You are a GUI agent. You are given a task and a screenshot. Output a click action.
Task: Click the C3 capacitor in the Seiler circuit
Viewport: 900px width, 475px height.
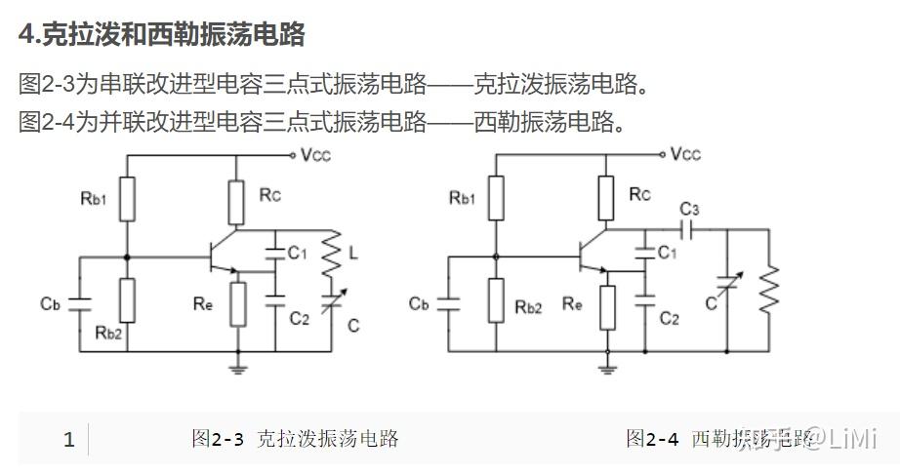pyautogui.click(x=689, y=230)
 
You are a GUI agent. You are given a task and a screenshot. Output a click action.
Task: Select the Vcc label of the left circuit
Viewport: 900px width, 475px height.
pyautogui.click(x=319, y=154)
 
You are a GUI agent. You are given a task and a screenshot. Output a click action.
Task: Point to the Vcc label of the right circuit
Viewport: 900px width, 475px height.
pyautogui.click(x=686, y=154)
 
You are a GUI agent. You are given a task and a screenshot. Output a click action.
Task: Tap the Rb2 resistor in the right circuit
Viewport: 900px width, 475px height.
pyautogui.click(x=497, y=301)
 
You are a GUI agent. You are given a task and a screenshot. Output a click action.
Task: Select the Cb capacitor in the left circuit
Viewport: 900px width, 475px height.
pyautogui.click(x=80, y=303)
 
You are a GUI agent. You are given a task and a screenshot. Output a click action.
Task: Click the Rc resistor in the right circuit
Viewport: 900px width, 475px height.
pyautogui.click(x=606, y=199)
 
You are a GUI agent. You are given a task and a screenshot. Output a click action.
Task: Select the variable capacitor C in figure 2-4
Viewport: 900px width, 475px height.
pyautogui.click(x=727, y=286)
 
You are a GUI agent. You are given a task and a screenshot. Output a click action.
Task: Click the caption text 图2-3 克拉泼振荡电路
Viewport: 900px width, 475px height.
pyautogui.click(x=295, y=439)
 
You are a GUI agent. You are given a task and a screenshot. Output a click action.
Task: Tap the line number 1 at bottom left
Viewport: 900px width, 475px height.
pyautogui.click(x=68, y=440)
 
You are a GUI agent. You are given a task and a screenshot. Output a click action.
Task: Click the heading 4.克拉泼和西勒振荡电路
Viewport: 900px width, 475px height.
pyautogui.click(x=162, y=35)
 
